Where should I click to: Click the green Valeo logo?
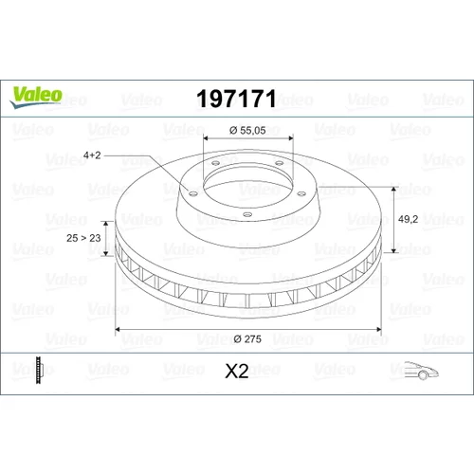(36, 97)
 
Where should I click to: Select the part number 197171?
(236, 99)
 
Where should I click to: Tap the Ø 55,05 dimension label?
(247, 130)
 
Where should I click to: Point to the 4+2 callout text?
(92, 155)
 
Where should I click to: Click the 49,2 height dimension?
(408, 219)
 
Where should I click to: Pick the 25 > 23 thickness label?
(83, 238)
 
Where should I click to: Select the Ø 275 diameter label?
(247, 339)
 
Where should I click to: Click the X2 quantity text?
(237, 371)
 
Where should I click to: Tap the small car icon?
(421, 370)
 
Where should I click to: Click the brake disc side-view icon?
(38, 370)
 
